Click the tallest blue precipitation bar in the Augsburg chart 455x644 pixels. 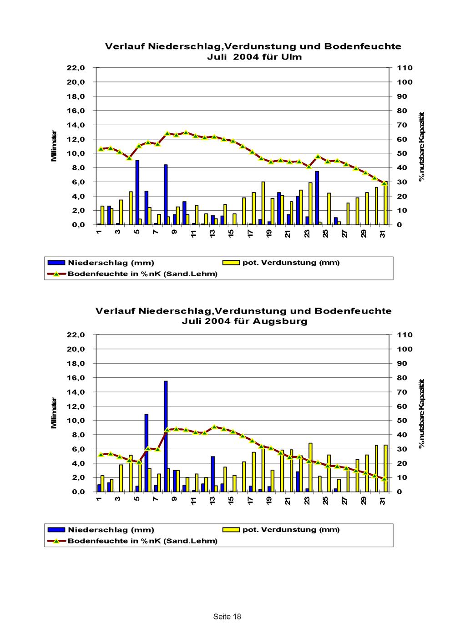click(x=166, y=436)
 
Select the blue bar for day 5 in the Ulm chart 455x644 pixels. click(x=137, y=193)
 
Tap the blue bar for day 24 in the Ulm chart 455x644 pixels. click(x=317, y=198)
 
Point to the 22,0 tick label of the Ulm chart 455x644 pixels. click(x=76, y=68)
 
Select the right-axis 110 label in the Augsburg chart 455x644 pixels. click(x=404, y=335)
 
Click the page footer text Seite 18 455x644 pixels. click(x=227, y=616)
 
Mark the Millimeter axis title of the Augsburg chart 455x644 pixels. click(x=54, y=413)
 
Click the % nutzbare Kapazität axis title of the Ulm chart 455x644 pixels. click(x=422, y=147)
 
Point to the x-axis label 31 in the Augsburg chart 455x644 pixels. click(x=383, y=501)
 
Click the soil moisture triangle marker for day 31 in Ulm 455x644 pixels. click(x=384, y=183)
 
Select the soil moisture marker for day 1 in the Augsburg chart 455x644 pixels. click(x=101, y=455)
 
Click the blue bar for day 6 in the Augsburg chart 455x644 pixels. click(x=147, y=453)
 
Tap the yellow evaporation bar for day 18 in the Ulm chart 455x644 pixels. click(x=263, y=203)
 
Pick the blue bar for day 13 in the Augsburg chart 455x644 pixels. click(x=212, y=474)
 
